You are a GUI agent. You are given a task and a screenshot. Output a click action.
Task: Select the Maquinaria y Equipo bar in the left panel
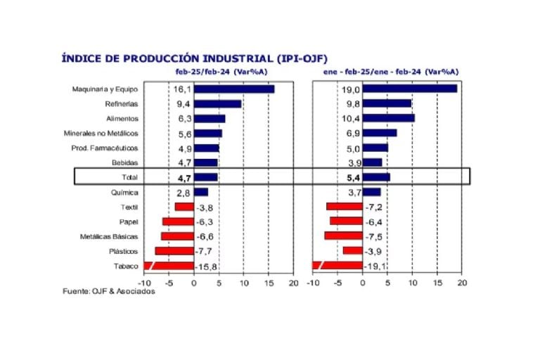(234, 89)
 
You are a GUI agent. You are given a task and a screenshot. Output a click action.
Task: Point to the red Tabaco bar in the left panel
(169, 266)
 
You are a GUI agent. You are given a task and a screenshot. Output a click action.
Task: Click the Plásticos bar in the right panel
(352, 251)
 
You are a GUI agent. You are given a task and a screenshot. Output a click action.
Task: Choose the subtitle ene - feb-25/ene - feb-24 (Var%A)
(391, 72)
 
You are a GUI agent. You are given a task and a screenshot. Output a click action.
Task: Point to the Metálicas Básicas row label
(109, 236)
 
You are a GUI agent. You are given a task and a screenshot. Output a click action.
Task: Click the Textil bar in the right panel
(345, 207)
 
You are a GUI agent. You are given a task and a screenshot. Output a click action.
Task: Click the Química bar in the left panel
(201, 192)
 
